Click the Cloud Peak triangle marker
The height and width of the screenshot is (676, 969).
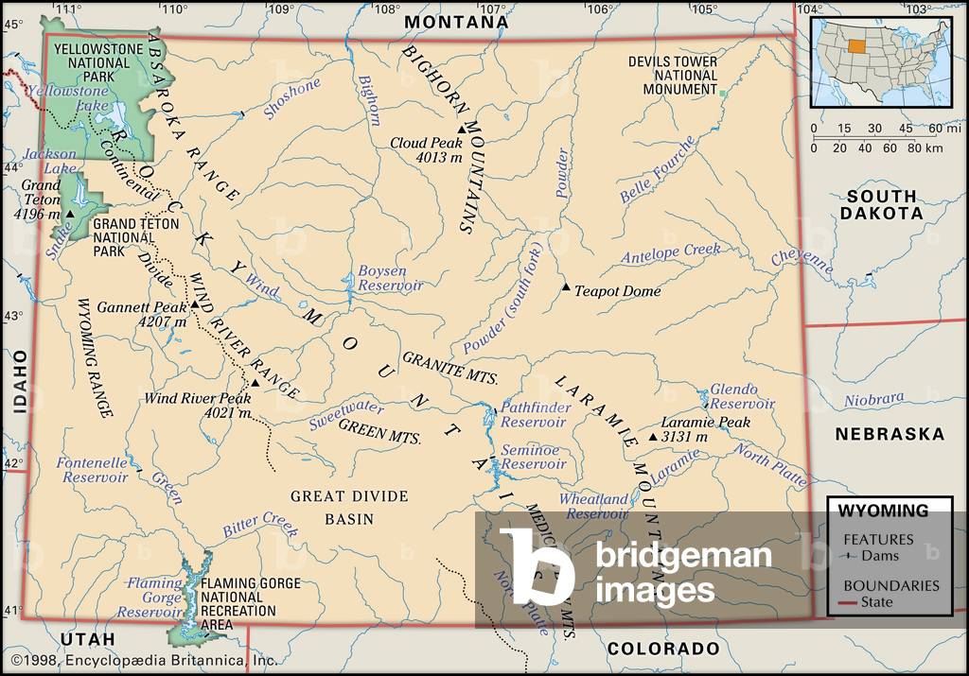pyautogui.click(x=461, y=130)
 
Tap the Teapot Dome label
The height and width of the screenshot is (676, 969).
pyautogui.click(x=618, y=291)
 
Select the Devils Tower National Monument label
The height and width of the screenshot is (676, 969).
pyautogui.click(x=673, y=76)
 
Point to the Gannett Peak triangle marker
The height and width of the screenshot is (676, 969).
pyautogui.click(x=194, y=304)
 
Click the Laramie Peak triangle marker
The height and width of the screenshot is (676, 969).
pyautogui.click(x=653, y=437)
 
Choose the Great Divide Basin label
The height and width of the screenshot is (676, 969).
pyautogui.click(x=349, y=508)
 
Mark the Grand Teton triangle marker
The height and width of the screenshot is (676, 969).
pyautogui.click(x=69, y=215)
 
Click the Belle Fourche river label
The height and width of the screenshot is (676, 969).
pyautogui.click(x=658, y=169)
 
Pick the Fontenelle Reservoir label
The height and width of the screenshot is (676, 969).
pyautogui.click(x=92, y=470)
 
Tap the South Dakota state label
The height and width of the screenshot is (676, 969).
pyautogui.click(x=882, y=204)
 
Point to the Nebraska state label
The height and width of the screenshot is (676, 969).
pyautogui.click(x=889, y=434)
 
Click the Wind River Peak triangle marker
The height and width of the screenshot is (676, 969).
pyautogui.click(x=255, y=383)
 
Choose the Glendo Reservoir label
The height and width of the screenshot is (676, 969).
pyautogui.click(x=742, y=396)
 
